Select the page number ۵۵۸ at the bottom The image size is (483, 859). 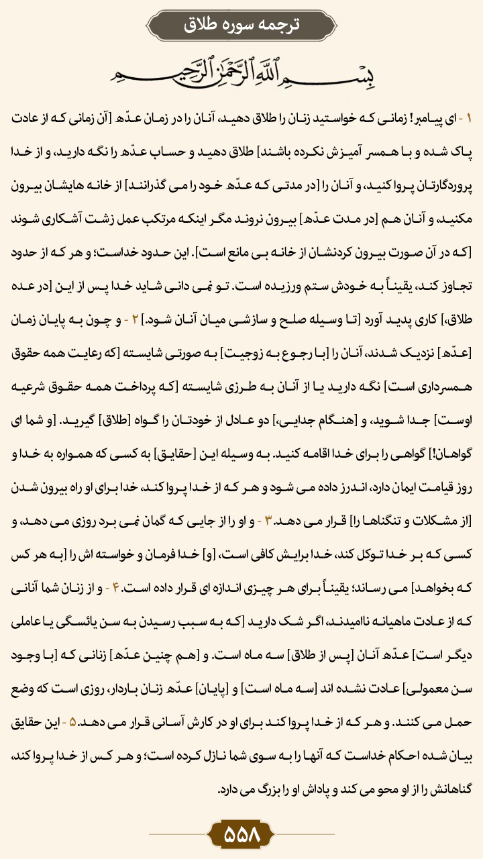pyautogui.click(x=241, y=835)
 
